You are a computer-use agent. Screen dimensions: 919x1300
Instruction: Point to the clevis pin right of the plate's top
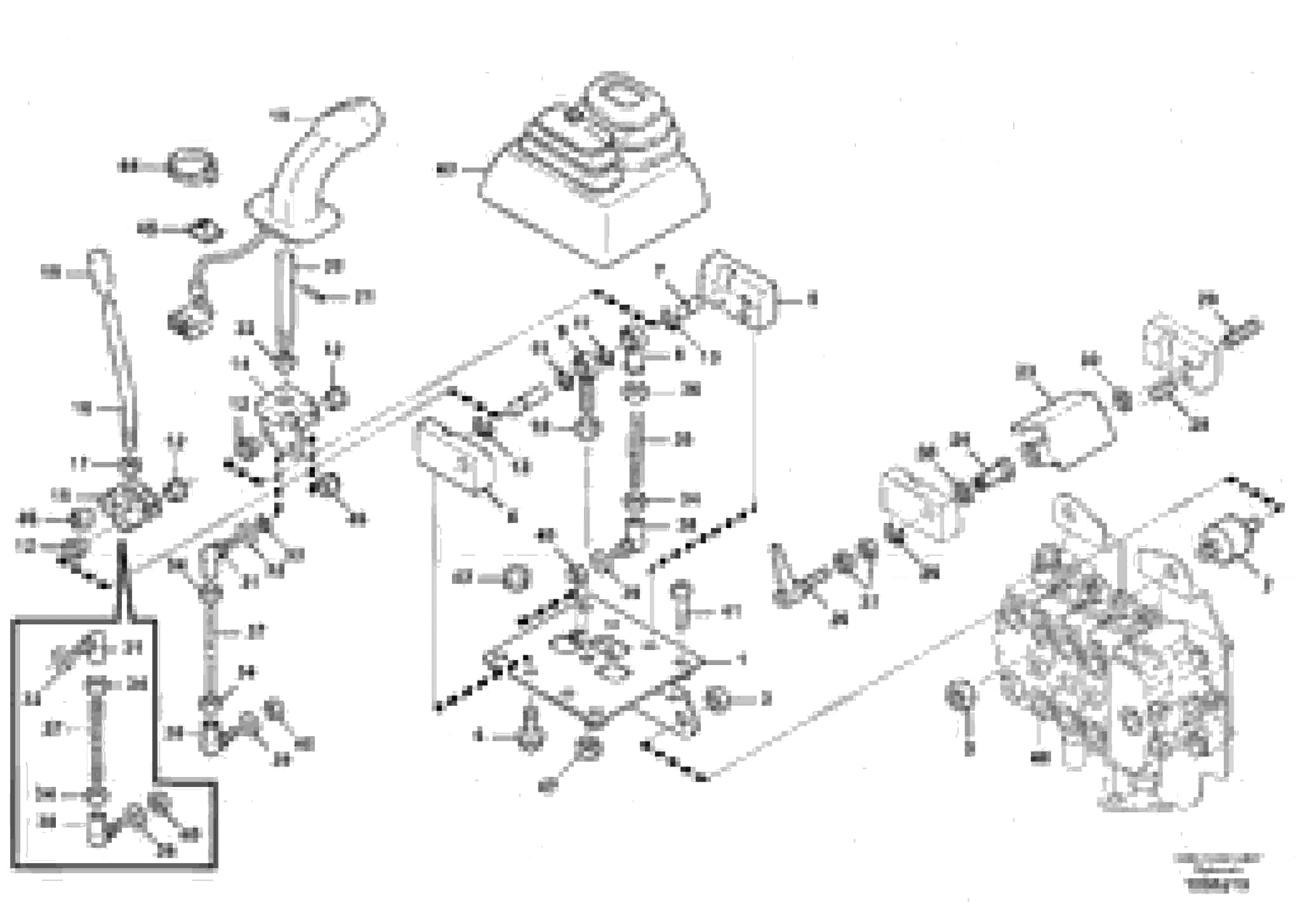tap(681, 606)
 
